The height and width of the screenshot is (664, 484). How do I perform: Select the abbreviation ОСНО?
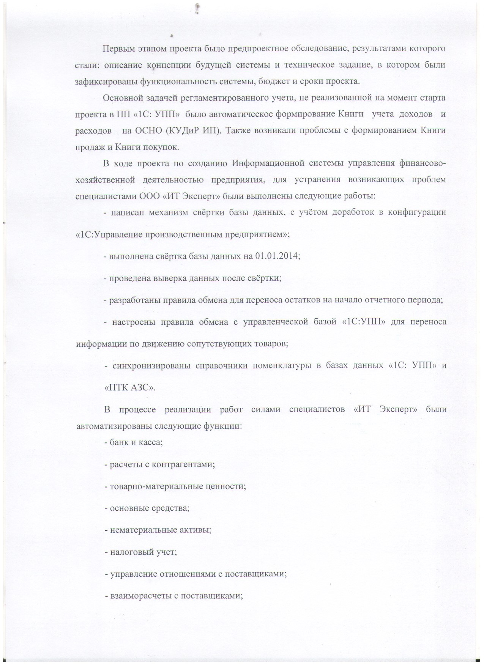tap(146, 131)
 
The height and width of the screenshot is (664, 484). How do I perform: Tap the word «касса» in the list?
tap(152, 442)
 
